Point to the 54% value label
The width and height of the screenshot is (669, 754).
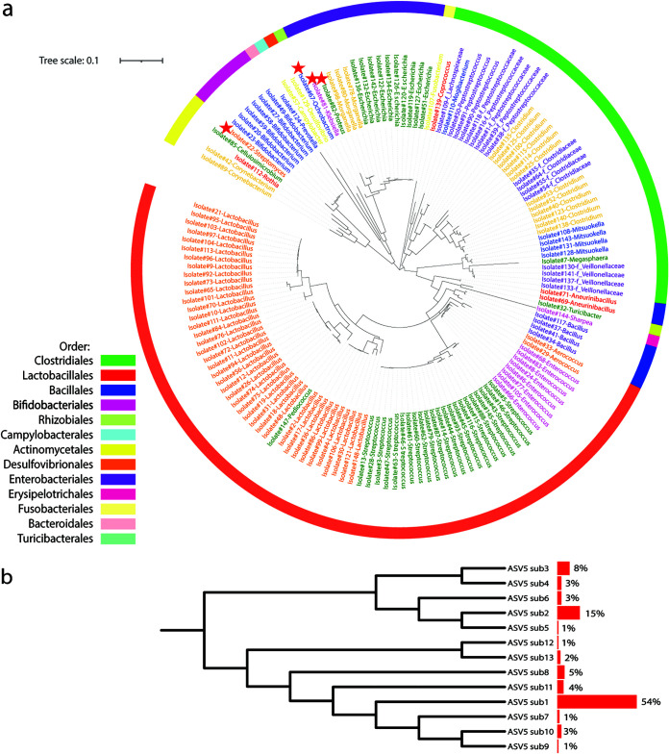(652, 702)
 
